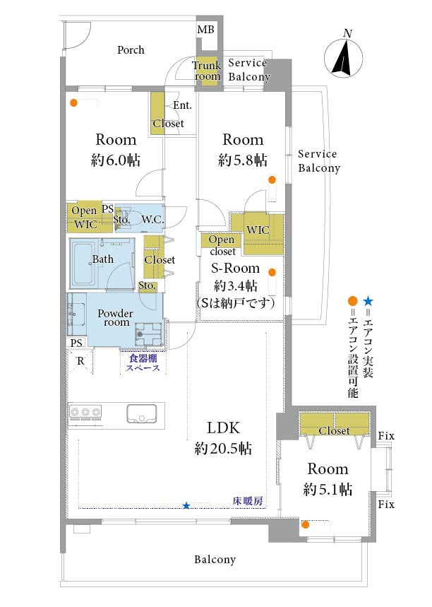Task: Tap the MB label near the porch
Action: coord(205,30)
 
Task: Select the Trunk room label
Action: coord(207,71)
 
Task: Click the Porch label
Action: coord(131,49)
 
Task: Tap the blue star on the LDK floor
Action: coord(186,505)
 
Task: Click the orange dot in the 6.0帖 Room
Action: coord(74,102)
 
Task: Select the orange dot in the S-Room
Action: coord(272,272)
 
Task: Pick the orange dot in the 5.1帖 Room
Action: coord(306,524)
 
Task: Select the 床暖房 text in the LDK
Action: coord(248,501)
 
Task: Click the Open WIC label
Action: coord(85,217)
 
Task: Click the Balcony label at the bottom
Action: coord(215,560)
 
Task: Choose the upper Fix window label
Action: coord(385,436)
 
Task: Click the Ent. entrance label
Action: coord(182,105)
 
